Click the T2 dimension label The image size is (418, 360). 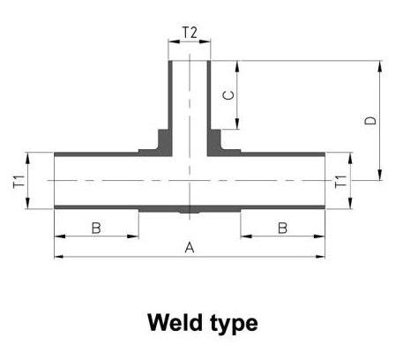click(190, 32)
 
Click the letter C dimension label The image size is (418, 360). click(228, 95)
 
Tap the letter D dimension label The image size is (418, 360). click(370, 120)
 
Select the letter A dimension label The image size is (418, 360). click(190, 248)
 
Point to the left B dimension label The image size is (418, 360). click(96, 228)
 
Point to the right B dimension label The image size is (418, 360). click(282, 228)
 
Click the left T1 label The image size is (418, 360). click(19, 181)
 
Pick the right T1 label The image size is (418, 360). click(341, 181)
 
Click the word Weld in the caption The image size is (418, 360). click(175, 323)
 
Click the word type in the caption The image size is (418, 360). click(235, 325)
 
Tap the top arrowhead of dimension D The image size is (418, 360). click(380, 66)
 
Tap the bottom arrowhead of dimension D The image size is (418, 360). click(380, 175)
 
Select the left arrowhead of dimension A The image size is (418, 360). click(59, 257)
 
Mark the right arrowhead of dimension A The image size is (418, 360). click(320, 257)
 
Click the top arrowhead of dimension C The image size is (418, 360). click(237, 66)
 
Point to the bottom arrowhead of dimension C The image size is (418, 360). click(237, 124)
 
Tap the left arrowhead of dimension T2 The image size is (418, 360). click(174, 41)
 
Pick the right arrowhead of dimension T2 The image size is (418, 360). click(205, 41)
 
